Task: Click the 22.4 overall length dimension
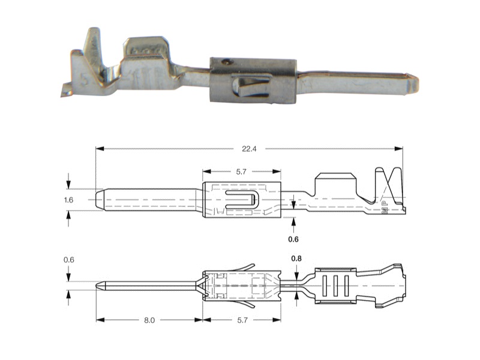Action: [x=249, y=149]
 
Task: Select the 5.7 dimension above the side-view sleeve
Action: [x=241, y=172]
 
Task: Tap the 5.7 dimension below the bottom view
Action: [x=242, y=320]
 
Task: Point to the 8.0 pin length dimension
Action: [x=149, y=320]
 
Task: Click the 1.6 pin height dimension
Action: [x=68, y=200]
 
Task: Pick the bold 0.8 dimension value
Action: [x=296, y=259]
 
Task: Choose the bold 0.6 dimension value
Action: [x=293, y=239]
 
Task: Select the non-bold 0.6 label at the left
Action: [x=69, y=260]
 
